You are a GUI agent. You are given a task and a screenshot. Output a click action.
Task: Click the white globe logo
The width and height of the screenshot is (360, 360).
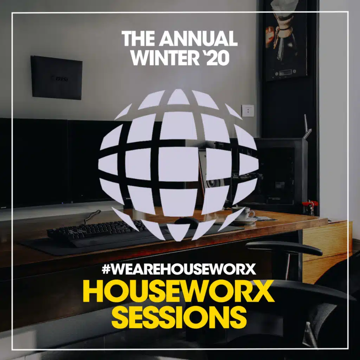pyautogui.click(x=178, y=165)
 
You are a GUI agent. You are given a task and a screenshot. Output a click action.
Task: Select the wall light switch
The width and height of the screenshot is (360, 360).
pyautogui.click(x=249, y=111)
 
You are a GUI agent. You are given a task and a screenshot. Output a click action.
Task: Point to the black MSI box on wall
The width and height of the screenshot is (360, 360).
pyautogui.click(x=56, y=77)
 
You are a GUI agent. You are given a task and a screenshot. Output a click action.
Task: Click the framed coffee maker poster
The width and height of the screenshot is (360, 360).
pyautogui.click(x=286, y=40)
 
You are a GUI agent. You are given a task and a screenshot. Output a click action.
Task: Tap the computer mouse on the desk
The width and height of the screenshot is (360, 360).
pyautogui.click(x=187, y=221)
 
